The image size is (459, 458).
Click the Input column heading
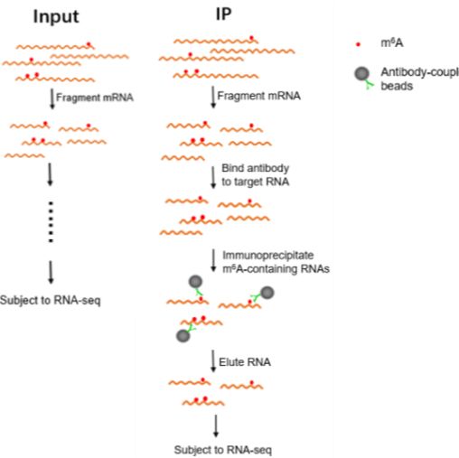(x=56, y=17)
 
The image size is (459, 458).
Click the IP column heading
(x=224, y=14)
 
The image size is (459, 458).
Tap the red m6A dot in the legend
(x=358, y=44)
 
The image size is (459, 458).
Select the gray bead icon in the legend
(x=361, y=73)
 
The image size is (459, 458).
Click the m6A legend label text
(x=391, y=43)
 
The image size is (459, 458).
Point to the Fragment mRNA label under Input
(x=95, y=98)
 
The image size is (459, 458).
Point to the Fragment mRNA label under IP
(x=258, y=96)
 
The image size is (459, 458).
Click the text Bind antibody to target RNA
(x=256, y=175)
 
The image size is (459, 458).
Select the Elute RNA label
(x=245, y=362)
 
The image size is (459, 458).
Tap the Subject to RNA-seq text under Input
(x=50, y=300)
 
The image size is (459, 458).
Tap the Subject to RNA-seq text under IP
(x=223, y=450)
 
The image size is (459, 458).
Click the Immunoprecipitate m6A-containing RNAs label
(x=276, y=262)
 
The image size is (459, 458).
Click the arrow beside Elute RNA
(x=213, y=360)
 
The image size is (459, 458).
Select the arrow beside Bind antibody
(x=213, y=178)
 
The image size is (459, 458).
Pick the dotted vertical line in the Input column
(x=51, y=222)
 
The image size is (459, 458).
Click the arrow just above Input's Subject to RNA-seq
(x=51, y=272)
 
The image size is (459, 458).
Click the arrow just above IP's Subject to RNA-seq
(x=216, y=425)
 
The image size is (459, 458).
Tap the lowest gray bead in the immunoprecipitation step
(x=183, y=336)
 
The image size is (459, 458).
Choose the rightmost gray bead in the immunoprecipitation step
(x=267, y=293)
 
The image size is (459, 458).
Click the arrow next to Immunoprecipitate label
(x=213, y=260)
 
